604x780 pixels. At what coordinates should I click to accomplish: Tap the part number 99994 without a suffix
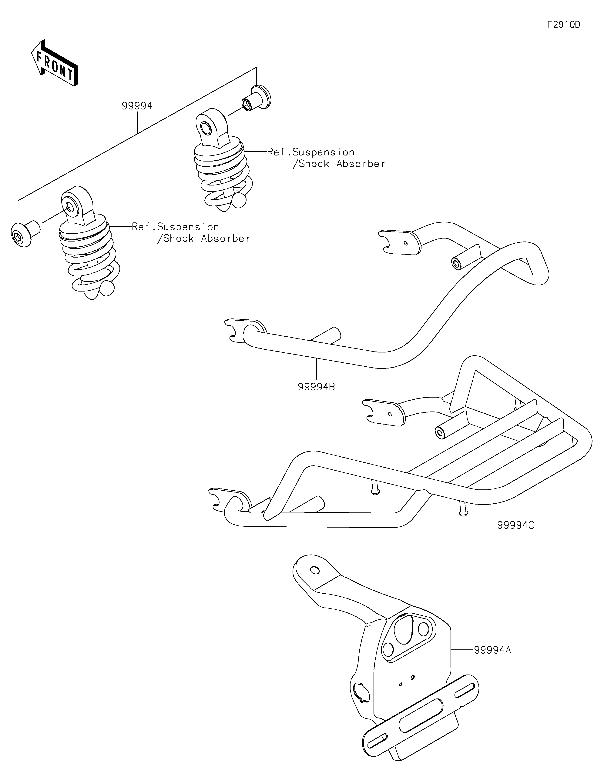click(137, 106)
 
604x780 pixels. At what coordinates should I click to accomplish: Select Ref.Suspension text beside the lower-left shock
click(175, 227)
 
